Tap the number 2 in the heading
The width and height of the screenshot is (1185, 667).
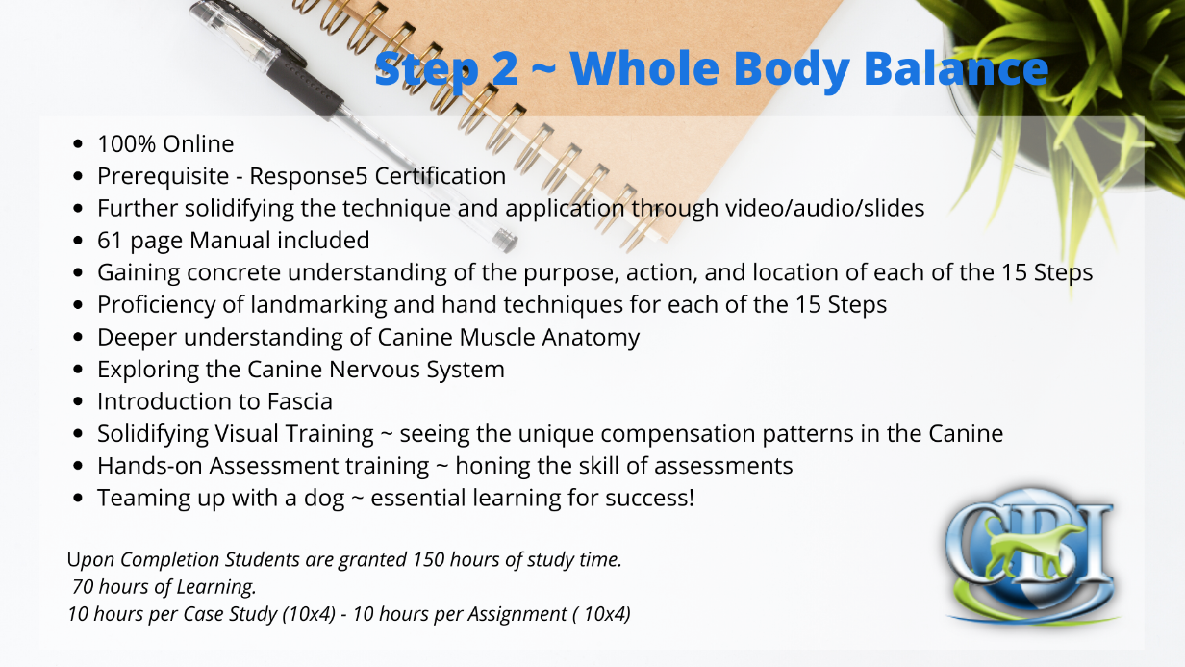tap(505, 69)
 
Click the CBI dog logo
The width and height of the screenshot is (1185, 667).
tap(1031, 556)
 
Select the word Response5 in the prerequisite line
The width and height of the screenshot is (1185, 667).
tap(308, 176)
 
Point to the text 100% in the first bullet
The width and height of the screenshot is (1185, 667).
tap(126, 144)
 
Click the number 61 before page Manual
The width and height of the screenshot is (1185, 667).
tap(110, 241)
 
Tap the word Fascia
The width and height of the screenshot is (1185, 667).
tap(299, 401)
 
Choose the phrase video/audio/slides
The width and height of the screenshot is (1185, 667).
tap(824, 208)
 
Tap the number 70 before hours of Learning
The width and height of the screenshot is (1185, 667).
tap(83, 587)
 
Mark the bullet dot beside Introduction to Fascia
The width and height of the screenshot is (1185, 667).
tap(78, 401)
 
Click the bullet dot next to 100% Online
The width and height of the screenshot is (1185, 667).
tap(78, 144)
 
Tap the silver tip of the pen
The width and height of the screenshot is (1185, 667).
tap(505, 240)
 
